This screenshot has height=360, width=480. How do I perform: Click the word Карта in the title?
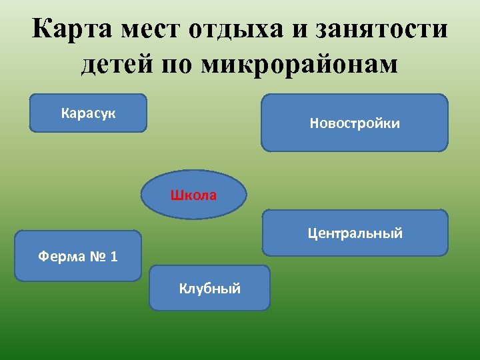click(73, 30)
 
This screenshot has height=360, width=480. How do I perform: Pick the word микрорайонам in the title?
click(299, 65)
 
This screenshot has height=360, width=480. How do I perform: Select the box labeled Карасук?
click(89, 113)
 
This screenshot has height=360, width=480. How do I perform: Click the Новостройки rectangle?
click(355, 123)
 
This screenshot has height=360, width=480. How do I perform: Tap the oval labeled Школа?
click(193, 195)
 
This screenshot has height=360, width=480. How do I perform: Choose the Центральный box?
click(355, 233)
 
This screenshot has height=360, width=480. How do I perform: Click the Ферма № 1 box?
click(78, 256)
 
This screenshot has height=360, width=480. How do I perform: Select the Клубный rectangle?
click(209, 289)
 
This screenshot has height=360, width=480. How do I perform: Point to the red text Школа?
click(193, 195)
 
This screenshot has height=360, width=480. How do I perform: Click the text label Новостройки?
click(355, 123)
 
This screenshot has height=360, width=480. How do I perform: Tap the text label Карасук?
click(89, 113)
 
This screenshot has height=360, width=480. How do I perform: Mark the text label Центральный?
click(355, 233)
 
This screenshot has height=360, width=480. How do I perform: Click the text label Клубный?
click(209, 289)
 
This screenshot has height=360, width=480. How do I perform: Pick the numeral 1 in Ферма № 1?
click(114, 257)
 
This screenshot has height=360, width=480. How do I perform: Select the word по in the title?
click(179, 65)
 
